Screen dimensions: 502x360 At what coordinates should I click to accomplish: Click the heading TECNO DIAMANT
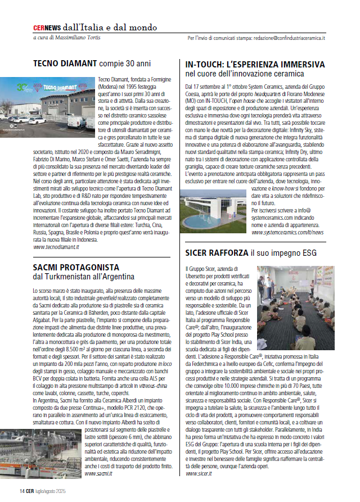pyautogui.click(x=65, y=63)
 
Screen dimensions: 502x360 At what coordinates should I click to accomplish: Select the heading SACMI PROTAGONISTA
pyautogui.click(x=76, y=267)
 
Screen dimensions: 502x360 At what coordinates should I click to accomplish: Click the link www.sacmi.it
pyautogui.click(x=98, y=474)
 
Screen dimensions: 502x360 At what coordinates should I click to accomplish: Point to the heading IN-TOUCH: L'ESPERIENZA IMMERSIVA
pyautogui.click(x=255, y=65)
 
